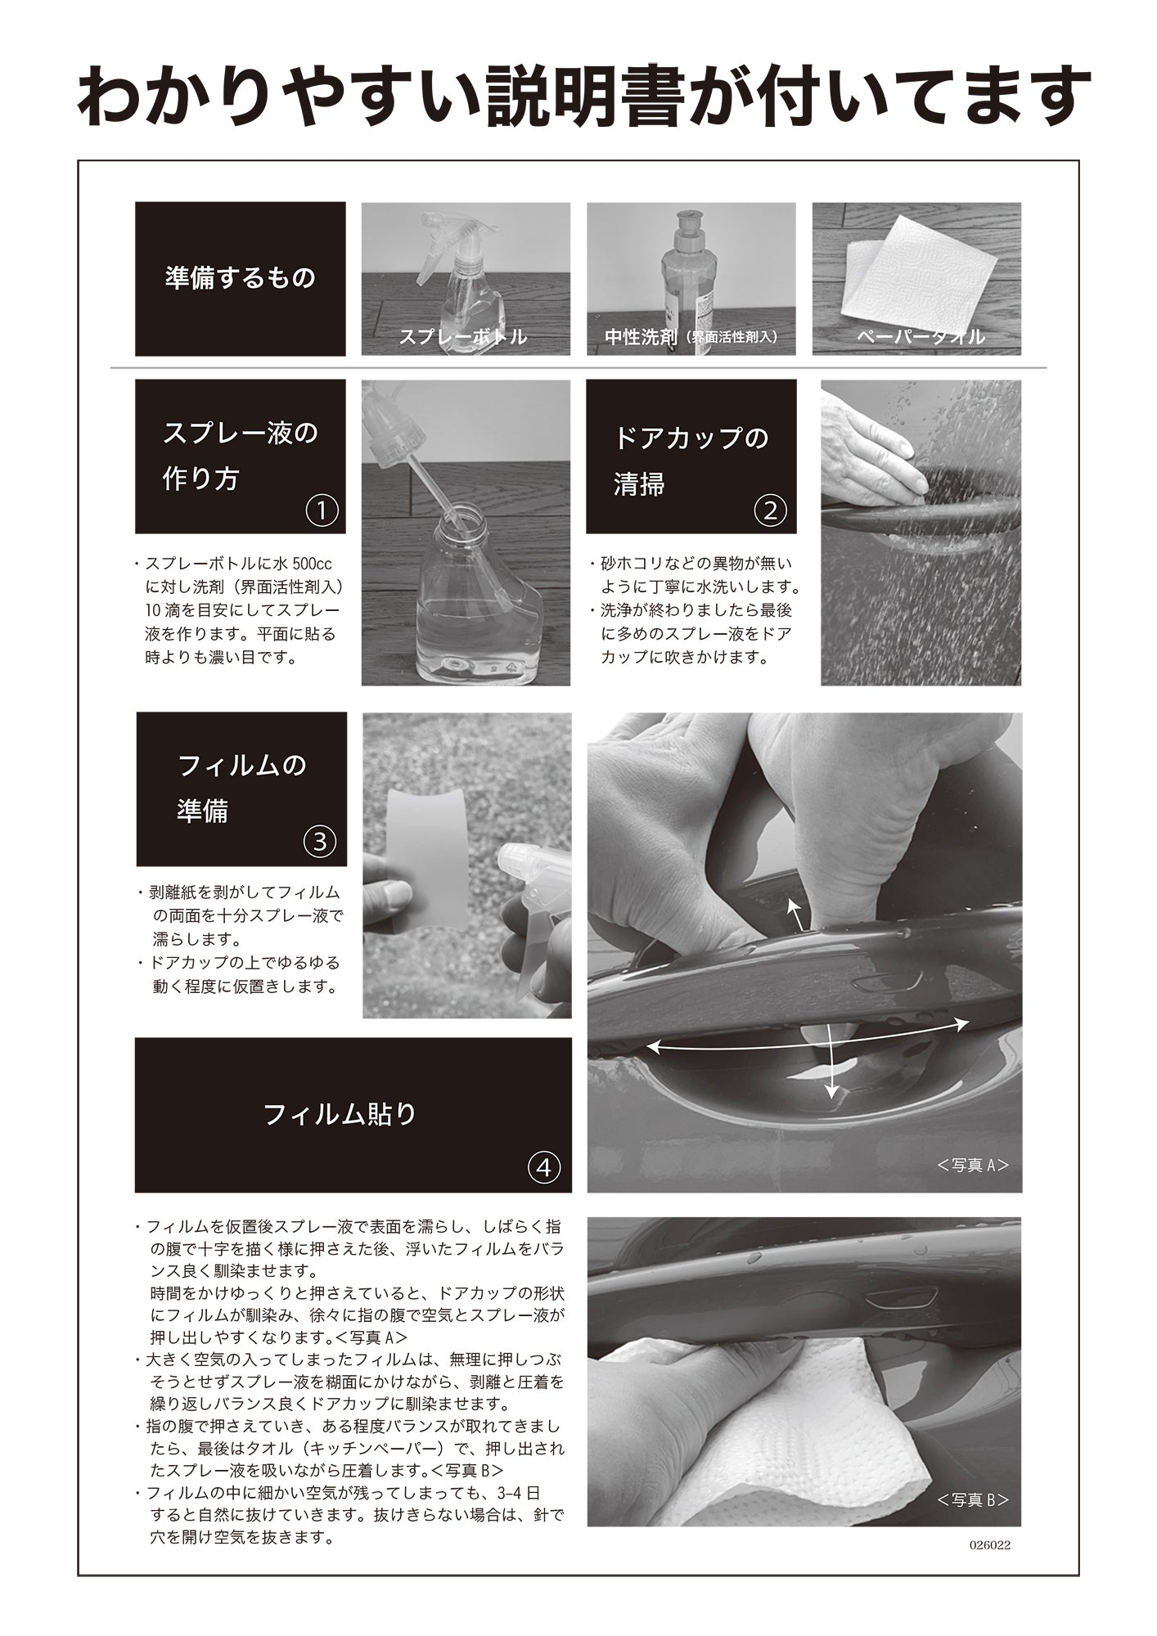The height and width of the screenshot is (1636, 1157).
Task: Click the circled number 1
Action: (322, 510)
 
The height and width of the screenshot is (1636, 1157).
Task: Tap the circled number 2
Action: (770, 510)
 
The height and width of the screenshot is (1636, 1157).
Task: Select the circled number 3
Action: (320, 842)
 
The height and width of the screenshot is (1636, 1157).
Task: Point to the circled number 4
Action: (544, 1167)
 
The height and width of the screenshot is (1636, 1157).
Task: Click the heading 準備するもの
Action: (240, 278)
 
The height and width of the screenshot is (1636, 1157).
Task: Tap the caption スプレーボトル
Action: (462, 337)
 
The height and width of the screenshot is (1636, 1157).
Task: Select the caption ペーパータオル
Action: (921, 337)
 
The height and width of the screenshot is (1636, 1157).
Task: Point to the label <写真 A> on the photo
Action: (973, 1165)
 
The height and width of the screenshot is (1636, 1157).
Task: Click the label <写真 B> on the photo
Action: (973, 1499)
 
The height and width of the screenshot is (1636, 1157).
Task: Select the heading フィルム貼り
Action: (340, 1114)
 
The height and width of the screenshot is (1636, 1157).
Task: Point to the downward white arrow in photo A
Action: (831, 1060)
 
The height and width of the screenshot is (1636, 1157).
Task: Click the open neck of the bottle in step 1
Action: (462, 514)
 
